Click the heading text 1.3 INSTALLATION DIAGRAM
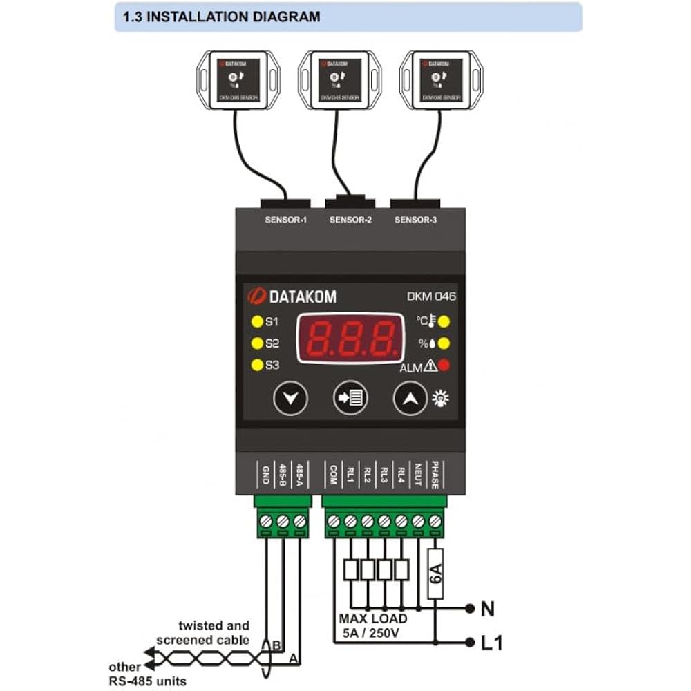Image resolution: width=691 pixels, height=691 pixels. (221, 17)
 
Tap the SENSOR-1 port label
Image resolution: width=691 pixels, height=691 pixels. (285, 220)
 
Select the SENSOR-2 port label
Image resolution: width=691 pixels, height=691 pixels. (350, 220)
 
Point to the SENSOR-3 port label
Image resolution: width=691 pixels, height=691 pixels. (415, 220)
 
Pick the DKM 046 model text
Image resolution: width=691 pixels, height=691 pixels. (430, 297)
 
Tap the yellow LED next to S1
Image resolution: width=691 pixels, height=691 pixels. (257, 321)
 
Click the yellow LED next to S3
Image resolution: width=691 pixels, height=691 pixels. (257, 366)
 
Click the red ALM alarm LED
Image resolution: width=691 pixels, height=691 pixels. (444, 366)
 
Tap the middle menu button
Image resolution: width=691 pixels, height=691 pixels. (351, 399)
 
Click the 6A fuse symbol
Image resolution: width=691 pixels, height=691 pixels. (435, 573)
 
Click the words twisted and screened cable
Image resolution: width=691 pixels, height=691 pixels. (203, 633)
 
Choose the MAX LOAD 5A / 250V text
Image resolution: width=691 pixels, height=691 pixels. (373, 625)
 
